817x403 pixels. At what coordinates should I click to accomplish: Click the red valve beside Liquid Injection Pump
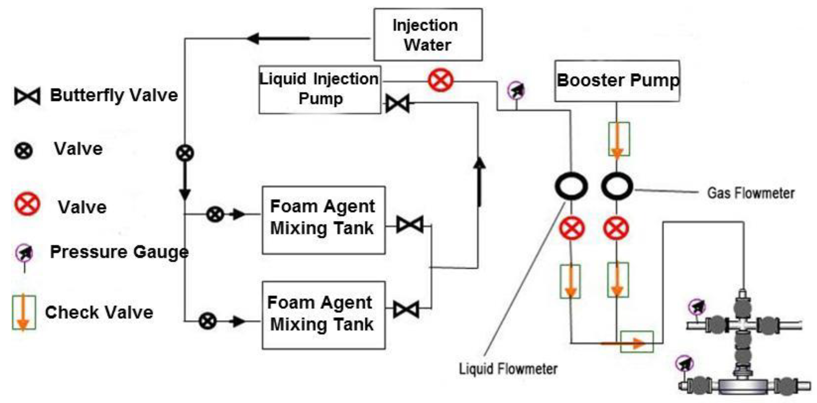(x=441, y=80)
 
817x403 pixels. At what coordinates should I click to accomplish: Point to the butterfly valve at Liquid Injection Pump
(x=397, y=103)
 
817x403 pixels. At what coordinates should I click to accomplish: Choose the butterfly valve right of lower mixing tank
(x=406, y=309)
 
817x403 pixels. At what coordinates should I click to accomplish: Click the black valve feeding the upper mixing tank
(x=215, y=214)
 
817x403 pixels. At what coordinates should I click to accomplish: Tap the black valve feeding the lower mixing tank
(x=208, y=321)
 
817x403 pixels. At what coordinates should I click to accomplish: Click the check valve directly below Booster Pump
(x=619, y=139)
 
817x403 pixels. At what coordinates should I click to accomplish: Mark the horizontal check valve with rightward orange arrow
(x=637, y=342)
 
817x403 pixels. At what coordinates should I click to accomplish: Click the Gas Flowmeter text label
(x=751, y=193)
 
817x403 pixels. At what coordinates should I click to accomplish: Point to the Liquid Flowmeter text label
(x=508, y=369)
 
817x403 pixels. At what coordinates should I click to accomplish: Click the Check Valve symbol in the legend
(x=24, y=312)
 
